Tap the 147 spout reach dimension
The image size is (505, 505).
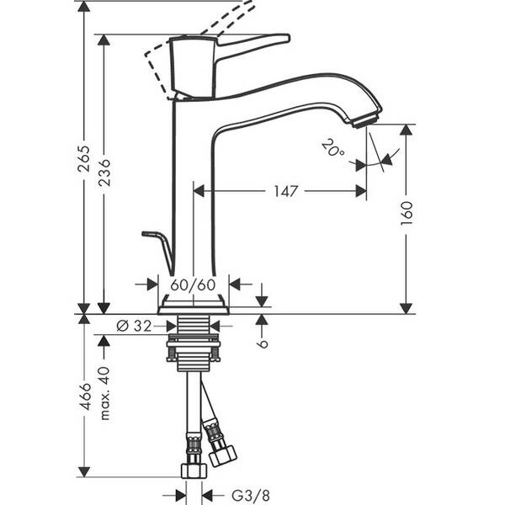click(x=285, y=191)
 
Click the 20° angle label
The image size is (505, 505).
click(x=332, y=149)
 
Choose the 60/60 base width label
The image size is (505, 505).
click(x=194, y=284)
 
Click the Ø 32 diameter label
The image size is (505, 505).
click(x=135, y=326)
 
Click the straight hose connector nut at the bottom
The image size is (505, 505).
click(x=193, y=467)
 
